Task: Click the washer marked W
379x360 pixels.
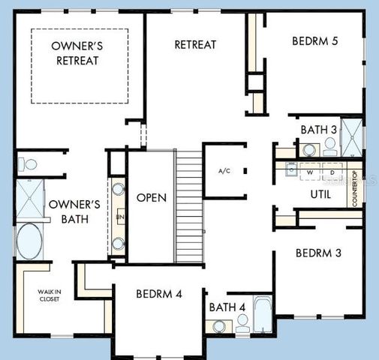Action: pos(310,172)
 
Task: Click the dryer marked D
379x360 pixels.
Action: pos(332,172)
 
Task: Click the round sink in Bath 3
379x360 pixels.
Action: pos(309,150)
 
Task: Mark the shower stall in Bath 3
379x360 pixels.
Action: pos(351,136)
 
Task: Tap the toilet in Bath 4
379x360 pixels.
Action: pos(242,323)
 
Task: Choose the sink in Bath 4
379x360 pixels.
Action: pos(218,326)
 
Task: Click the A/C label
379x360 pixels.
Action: pos(224,172)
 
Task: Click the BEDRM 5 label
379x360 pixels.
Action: pos(314,41)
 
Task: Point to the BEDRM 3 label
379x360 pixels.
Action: pos(318,253)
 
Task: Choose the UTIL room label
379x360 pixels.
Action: pos(321,195)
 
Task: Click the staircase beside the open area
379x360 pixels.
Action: pos(189,206)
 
